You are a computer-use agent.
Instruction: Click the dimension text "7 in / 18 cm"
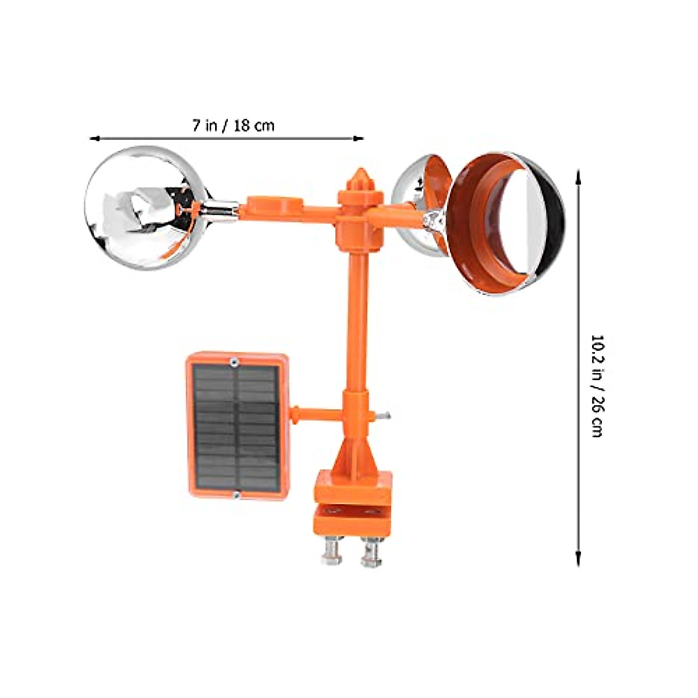point(233,125)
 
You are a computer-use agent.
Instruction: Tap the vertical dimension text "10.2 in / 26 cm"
point(597,386)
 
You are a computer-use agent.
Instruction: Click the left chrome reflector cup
point(143,208)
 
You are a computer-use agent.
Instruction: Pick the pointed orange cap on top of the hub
point(360,177)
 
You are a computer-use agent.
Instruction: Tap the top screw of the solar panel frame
point(233,362)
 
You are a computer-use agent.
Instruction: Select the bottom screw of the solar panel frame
point(236,495)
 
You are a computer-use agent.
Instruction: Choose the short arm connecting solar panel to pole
point(317,414)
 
